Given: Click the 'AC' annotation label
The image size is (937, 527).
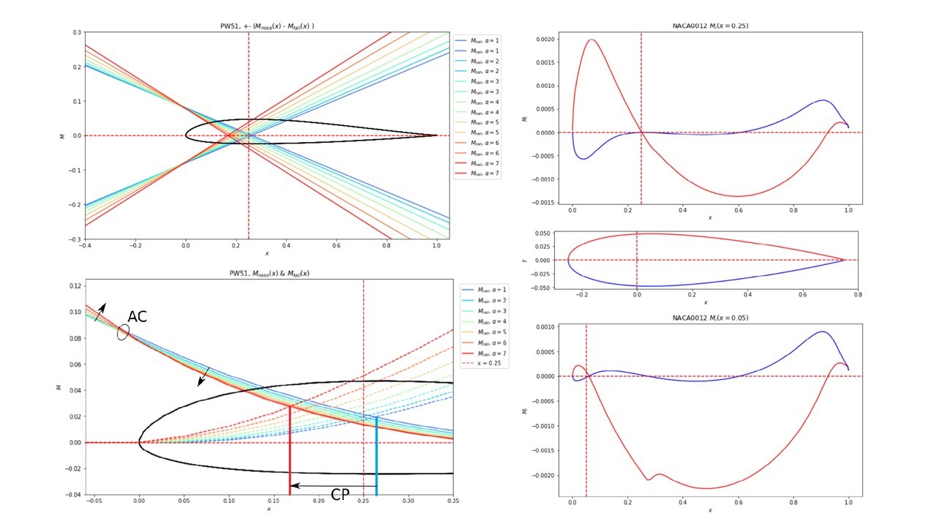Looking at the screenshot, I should point(138,317).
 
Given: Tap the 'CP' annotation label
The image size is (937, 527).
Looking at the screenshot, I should point(340,496).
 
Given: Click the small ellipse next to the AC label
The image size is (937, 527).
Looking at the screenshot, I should point(123,332).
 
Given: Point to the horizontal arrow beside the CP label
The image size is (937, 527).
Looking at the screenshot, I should point(333,485).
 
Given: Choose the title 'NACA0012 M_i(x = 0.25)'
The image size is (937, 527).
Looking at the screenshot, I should point(709,26).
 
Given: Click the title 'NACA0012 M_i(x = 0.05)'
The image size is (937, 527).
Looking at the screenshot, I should point(709,318).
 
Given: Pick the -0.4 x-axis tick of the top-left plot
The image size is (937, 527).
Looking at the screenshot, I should point(85,247).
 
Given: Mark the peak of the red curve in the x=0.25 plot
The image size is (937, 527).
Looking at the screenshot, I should point(591,40).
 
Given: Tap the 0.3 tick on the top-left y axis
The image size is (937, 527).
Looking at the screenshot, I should point(76,32).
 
